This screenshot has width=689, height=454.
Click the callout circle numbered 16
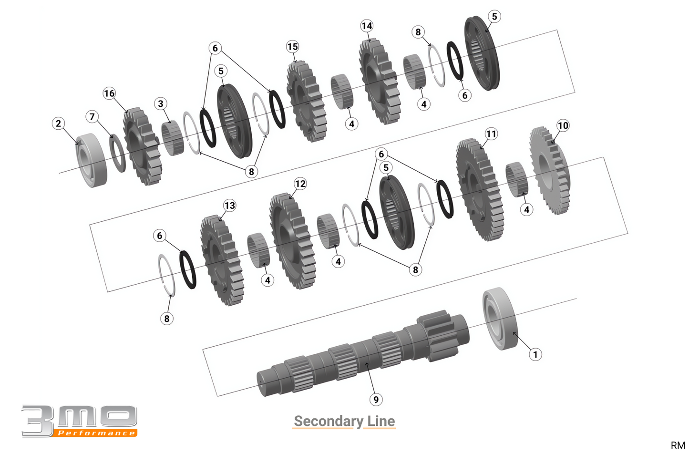(x=109, y=93)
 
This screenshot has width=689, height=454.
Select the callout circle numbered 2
(x=58, y=124)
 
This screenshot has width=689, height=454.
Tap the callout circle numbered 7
(x=92, y=116)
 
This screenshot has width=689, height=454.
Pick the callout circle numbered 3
(x=161, y=104)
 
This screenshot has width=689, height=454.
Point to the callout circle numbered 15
(x=292, y=47)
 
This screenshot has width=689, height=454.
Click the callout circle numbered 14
(x=367, y=26)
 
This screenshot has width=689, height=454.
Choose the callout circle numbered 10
(x=563, y=125)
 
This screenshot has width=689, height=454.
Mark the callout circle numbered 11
(x=491, y=134)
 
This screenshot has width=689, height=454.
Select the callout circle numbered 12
(x=300, y=184)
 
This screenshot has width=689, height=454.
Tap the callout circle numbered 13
(x=229, y=206)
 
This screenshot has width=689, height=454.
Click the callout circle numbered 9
(x=376, y=400)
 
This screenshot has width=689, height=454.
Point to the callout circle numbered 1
(x=535, y=354)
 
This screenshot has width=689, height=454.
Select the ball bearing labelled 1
(x=500, y=319)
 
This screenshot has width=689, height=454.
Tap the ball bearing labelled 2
(x=92, y=160)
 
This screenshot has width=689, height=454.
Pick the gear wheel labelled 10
(x=550, y=170)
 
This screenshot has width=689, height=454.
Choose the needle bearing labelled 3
(x=172, y=138)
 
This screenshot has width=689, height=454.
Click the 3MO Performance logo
(x=79, y=421)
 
